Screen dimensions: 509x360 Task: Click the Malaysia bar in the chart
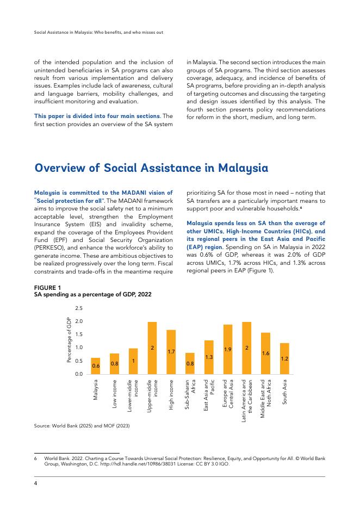click(x=95, y=365)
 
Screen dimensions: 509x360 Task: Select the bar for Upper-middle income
click(x=152, y=348)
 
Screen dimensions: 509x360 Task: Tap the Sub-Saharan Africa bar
click(x=190, y=363)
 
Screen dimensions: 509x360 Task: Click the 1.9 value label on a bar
click(x=228, y=350)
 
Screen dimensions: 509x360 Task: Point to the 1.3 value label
click(x=209, y=357)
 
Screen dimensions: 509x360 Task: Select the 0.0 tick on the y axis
click(x=79, y=374)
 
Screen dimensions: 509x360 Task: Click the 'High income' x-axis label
click(x=171, y=394)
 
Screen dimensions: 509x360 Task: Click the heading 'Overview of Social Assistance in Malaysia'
click(x=151, y=168)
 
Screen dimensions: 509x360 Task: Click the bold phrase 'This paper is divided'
click(x=68, y=116)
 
